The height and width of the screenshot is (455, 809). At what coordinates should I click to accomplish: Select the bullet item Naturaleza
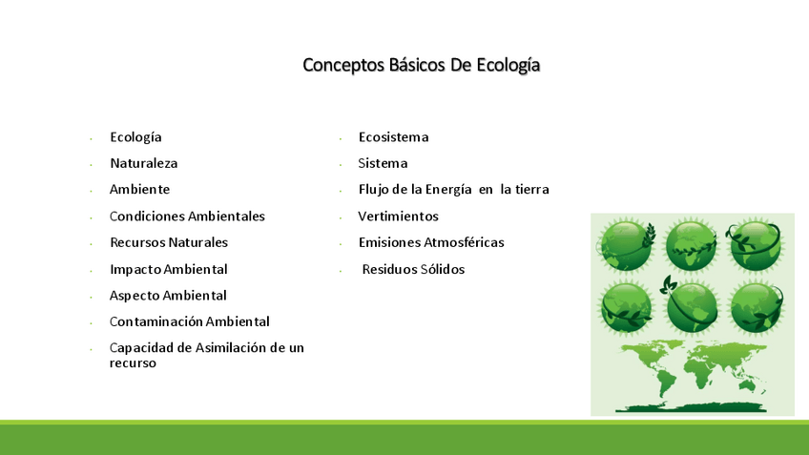pos(143,163)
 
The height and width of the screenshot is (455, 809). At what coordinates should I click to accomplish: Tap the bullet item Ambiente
pos(139,189)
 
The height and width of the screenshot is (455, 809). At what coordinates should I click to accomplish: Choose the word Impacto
pos(135,270)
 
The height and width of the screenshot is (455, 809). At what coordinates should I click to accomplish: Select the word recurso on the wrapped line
pos(133,363)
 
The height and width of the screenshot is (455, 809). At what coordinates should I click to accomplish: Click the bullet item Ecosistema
pos(394,137)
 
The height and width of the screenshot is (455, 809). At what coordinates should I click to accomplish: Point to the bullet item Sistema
pos(383,163)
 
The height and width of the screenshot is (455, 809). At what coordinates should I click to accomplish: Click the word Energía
pos(448,190)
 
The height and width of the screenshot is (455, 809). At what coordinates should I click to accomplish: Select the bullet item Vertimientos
pos(399,217)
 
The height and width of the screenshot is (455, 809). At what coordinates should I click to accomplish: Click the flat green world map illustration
pos(693,376)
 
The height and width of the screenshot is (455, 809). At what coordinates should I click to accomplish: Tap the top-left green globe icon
pos(626,245)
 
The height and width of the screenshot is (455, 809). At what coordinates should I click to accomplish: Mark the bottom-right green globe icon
pos(757,307)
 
